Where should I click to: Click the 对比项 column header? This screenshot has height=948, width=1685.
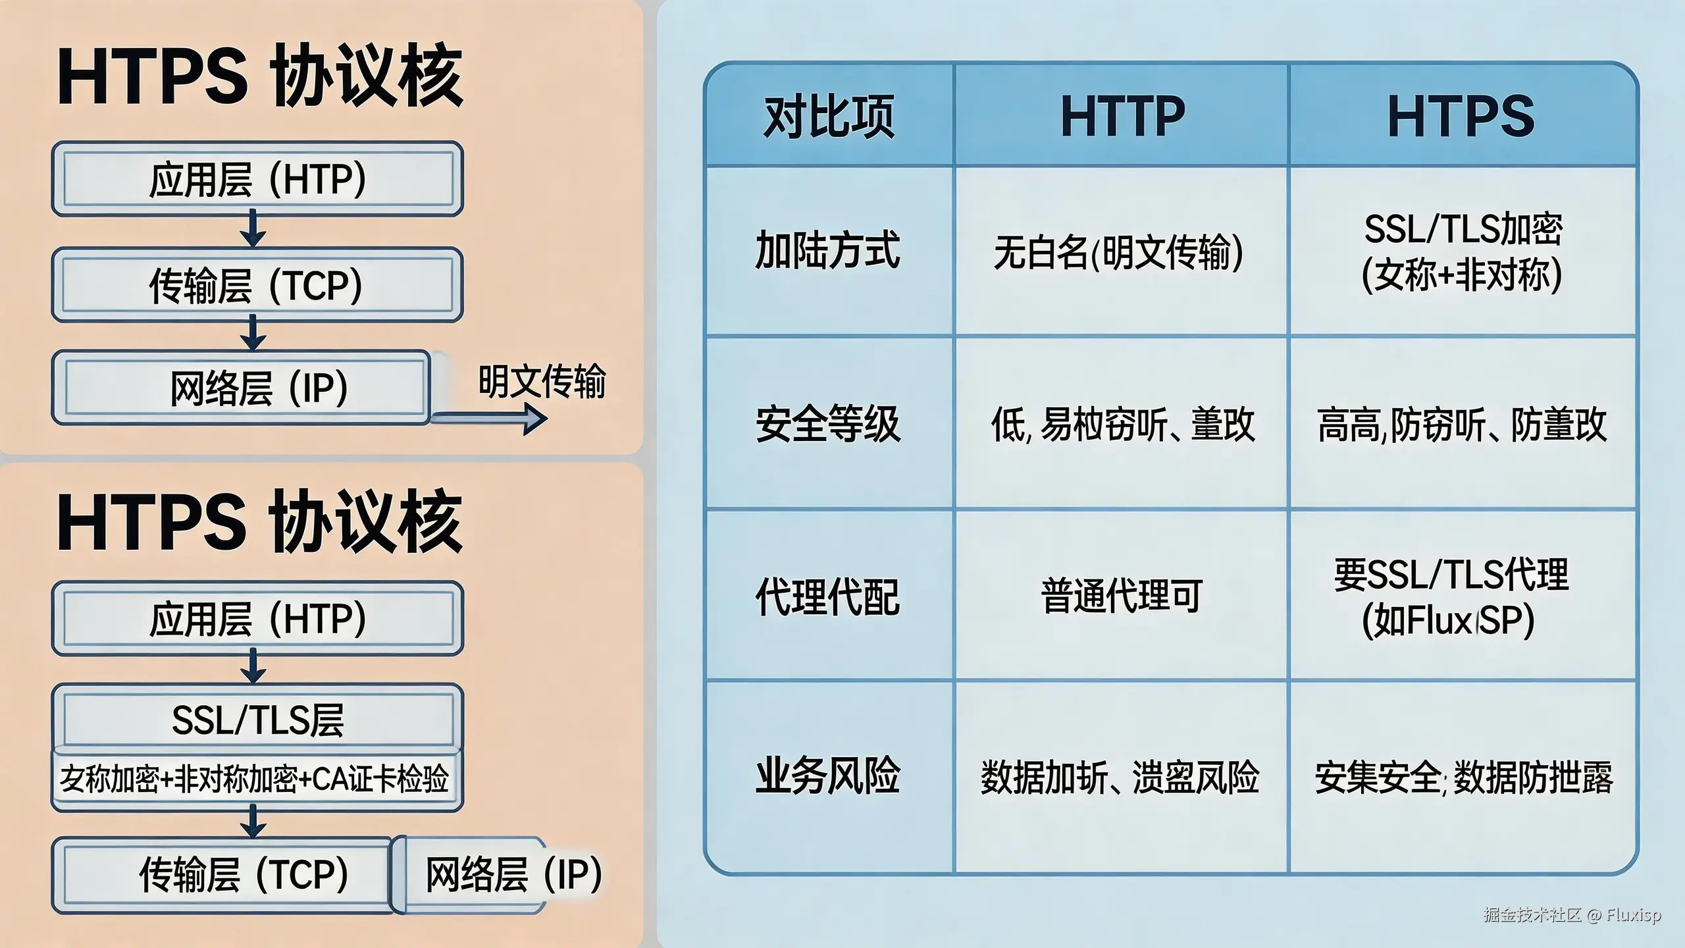829,117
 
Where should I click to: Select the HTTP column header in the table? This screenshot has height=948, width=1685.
1122,117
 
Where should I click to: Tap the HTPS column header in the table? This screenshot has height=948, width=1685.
1461,117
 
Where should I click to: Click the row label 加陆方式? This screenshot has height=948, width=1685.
827,250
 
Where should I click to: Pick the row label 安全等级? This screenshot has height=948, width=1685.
827,423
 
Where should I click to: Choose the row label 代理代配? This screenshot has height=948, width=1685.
827,596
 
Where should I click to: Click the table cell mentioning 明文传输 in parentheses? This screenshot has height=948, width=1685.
1118,252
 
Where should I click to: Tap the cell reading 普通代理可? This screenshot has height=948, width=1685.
1122,596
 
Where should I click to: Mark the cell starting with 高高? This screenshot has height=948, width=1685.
1462,425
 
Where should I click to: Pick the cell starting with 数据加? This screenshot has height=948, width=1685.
1120,777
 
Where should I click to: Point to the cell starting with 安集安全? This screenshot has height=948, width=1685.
1463,777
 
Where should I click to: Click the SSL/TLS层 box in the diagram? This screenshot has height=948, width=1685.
257,719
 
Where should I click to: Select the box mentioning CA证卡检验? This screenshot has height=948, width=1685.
255,779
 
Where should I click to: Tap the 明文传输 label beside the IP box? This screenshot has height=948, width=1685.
541,381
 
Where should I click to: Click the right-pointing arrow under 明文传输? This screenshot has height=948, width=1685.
490,419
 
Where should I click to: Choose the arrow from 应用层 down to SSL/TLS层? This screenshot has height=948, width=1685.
253,666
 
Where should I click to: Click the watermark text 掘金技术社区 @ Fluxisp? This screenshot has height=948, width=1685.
1572,915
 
